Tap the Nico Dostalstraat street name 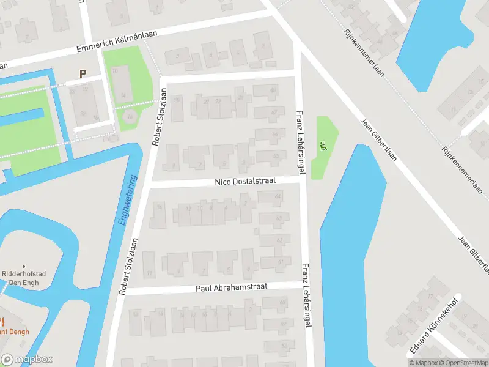pos(245,182)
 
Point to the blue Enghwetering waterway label pos(128,199)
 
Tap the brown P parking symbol pos(83,73)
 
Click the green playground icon pos(324,146)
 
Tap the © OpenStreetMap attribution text pos(460,363)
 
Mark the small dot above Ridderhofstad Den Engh pos(24,266)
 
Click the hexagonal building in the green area pos(130,116)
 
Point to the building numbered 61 pos(273,263)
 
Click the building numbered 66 pos(270,134)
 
